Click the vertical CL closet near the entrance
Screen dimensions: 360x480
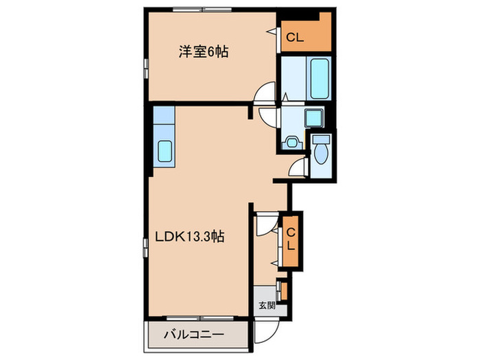290,239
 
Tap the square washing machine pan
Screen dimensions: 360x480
315,117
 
